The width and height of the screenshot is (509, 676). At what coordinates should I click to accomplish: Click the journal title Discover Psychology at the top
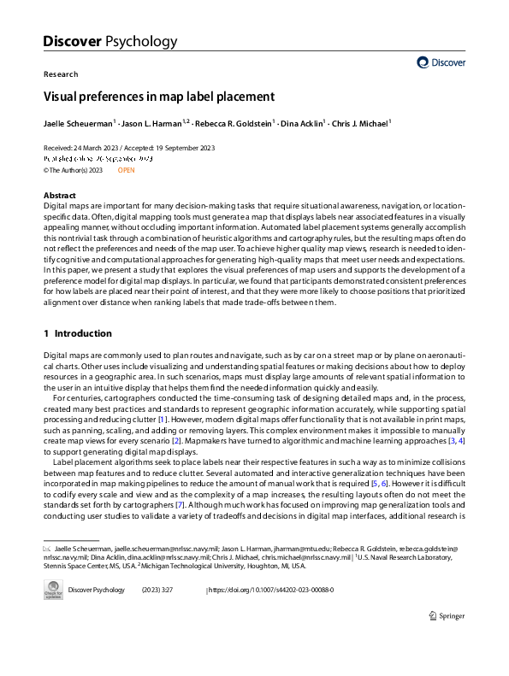(x=109, y=40)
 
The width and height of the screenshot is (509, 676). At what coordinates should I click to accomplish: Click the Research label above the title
(x=61, y=74)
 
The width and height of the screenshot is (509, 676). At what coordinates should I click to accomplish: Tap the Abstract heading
(x=59, y=196)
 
